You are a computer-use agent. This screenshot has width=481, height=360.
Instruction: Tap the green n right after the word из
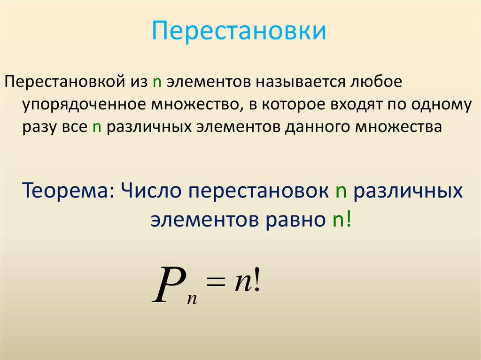(x=156, y=82)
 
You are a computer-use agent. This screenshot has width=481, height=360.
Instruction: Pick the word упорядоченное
(x=83, y=105)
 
